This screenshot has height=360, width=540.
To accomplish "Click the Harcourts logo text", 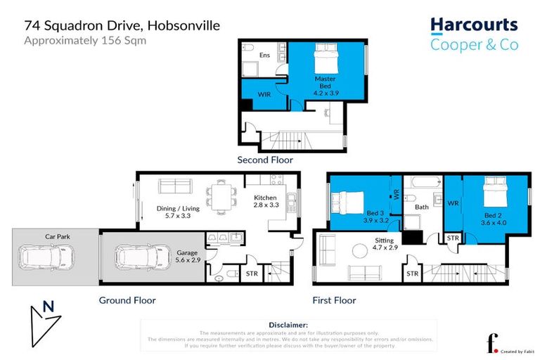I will (474, 26).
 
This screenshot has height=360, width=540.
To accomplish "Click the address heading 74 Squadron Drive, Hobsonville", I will (122, 25).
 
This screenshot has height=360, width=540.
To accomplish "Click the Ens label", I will (265, 54).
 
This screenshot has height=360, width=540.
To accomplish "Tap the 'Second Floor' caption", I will (264, 160).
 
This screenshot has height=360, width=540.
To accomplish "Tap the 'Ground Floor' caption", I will (127, 300).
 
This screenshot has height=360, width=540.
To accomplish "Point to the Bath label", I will (421, 207).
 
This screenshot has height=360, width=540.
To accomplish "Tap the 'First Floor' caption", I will (334, 300).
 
